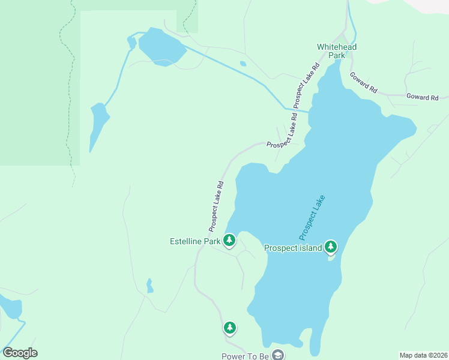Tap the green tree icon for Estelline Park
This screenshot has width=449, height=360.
(x=229, y=241)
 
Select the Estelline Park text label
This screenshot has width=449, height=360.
(x=195, y=242)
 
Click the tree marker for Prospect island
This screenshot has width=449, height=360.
(x=330, y=246)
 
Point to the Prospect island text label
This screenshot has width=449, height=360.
(x=292, y=247)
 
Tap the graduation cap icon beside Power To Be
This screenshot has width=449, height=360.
(x=277, y=355)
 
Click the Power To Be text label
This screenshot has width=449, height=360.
(x=246, y=356)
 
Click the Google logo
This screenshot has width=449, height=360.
(x=20, y=353)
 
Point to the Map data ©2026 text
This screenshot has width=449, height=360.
(x=423, y=355)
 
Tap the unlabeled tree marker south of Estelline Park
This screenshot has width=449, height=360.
(x=229, y=328)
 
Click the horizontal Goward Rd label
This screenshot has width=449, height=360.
(x=422, y=97)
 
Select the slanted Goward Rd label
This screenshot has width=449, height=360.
(x=364, y=82)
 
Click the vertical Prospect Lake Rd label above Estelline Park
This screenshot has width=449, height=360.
(x=216, y=206)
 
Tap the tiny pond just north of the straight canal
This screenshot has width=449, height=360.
(x=243, y=64)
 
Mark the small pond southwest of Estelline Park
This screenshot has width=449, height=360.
(x=149, y=286)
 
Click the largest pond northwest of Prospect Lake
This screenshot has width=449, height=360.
(x=161, y=46)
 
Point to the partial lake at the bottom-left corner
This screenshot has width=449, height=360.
(x=10, y=307)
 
